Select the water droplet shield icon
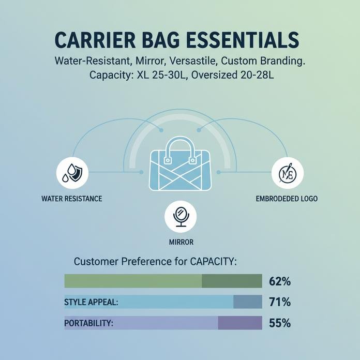coord(71,173)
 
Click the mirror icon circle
coord(179,217)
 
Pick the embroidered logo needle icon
coord(287,173)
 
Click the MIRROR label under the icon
coord(180,242)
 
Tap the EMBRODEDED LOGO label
coord(287,199)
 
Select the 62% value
coord(280,282)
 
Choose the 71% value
coord(280,302)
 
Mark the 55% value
coord(280,323)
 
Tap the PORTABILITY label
coord(88,323)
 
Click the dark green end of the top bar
coord(232,281)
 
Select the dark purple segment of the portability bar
coord(240,323)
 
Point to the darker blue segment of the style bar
coord(248,302)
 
